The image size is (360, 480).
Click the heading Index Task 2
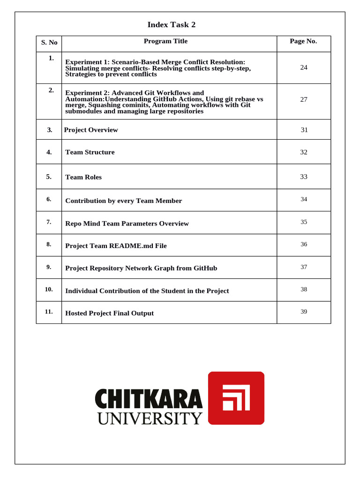pos(171,25)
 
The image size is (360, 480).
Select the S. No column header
pos(49,42)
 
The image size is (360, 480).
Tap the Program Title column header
pos(165,41)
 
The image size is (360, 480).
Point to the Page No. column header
pos(303,41)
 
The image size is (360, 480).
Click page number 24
pos(304,67)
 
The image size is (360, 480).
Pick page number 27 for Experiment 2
pos(304,99)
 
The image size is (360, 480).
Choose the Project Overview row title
pos(91,130)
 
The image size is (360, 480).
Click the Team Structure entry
pos(90,152)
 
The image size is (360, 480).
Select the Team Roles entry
pos(83,177)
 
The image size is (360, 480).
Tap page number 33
pos(304,177)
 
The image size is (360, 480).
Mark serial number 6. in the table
pos(49,199)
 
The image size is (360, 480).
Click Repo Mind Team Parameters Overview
pos(127,224)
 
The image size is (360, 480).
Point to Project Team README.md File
pos(116,246)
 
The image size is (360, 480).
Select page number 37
pos(304,267)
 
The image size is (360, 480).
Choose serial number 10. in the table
pos(49,289)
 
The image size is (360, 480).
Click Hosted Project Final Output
pos(109,313)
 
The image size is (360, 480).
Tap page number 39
pos(304,312)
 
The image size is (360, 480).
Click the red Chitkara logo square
pos(236,398)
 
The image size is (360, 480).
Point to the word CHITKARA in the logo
pos(149,398)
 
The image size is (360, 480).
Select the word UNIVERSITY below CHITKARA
pos(150,418)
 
